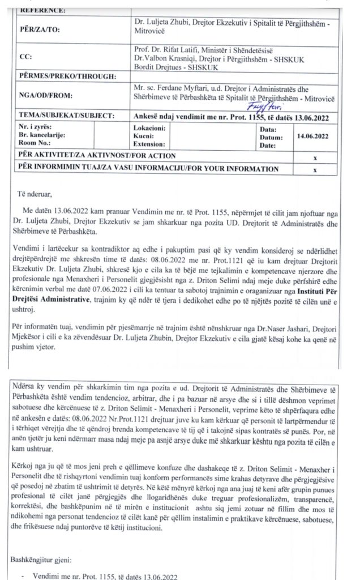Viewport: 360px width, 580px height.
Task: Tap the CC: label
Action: [x=25, y=57]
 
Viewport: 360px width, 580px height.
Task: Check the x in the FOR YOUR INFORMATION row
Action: [x=315, y=169]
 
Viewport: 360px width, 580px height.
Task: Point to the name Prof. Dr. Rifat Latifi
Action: [x=168, y=49]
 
